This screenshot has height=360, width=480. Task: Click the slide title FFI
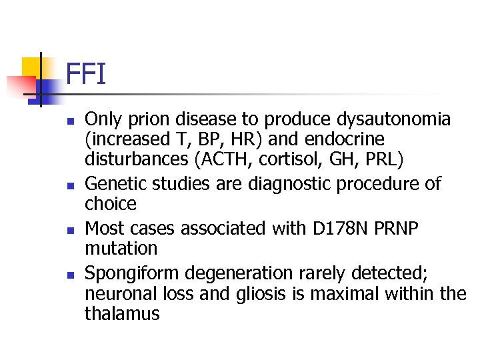[86, 74]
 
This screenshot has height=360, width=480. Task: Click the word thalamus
[122, 313]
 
